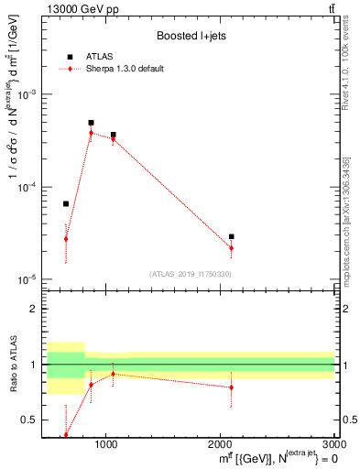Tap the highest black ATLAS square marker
click(91, 123)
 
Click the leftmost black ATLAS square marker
click(66, 203)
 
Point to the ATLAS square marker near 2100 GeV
click(232, 236)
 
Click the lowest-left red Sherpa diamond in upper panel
click(66, 239)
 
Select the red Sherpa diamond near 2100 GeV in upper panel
click(232, 248)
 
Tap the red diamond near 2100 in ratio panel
click(232, 387)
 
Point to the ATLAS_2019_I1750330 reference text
click(191, 273)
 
